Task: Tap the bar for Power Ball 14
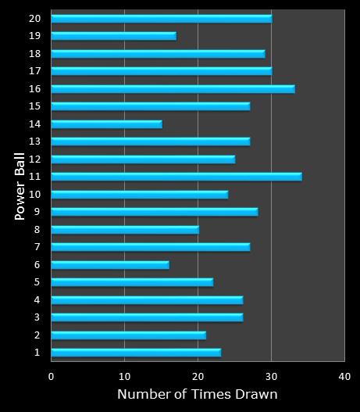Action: [106, 124]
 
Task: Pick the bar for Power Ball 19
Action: [113, 36]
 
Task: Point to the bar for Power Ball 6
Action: [109, 265]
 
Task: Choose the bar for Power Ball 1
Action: [136, 353]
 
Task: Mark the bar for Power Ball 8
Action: [125, 230]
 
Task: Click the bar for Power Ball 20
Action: [161, 18]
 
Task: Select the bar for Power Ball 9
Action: [154, 212]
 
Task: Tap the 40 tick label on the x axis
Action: [344, 376]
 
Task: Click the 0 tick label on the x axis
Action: [52, 376]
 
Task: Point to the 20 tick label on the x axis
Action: [198, 376]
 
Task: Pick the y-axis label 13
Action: [34, 142]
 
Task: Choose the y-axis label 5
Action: [37, 282]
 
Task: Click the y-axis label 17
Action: [34, 71]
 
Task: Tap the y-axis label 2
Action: [37, 335]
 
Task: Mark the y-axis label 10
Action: [34, 194]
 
